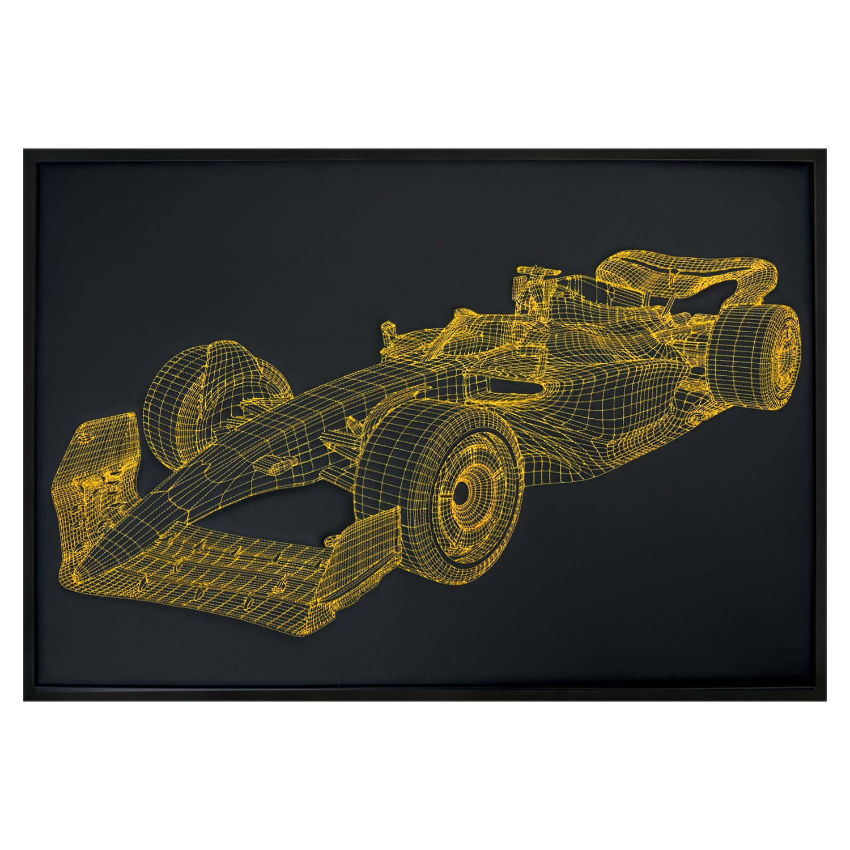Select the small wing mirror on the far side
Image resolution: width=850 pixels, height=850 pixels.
click(388, 329)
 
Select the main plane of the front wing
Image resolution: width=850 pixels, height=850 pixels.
click(227, 572)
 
